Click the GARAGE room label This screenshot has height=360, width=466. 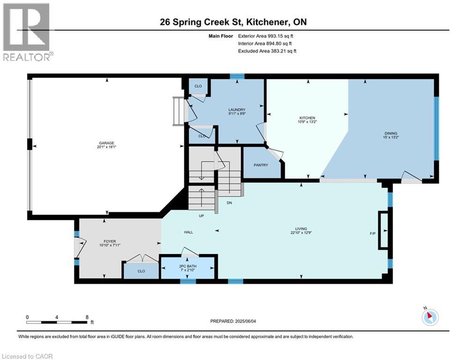click(x=106, y=143)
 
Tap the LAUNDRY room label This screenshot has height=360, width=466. click(x=237, y=110)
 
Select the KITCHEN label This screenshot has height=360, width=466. click(x=307, y=118)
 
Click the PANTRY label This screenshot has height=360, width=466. click(x=260, y=165)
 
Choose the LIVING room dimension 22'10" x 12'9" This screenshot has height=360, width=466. click(x=302, y=233)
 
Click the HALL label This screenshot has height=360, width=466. click(x=189, y=232)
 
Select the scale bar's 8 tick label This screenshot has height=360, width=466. click(x=87, y=317)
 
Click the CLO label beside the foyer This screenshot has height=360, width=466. click(x=141, y=271)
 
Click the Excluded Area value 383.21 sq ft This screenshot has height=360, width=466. click(x=281, y=51)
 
